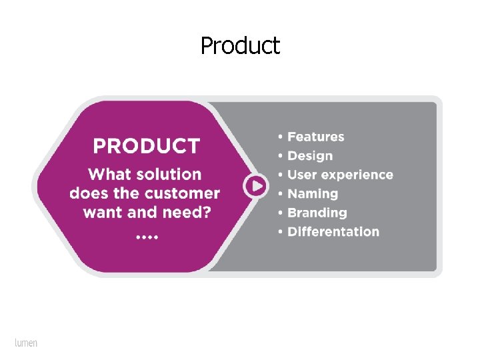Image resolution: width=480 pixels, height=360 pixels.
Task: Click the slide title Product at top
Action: click(x=240, y=46)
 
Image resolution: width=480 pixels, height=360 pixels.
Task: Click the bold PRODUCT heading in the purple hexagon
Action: click(x=146, y=146)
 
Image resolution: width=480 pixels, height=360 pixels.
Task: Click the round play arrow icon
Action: click(x=255, y=185)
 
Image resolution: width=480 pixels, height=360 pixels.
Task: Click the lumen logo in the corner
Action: click(x=26, y=343)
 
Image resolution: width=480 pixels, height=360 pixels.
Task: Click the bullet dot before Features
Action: click(x=281, y=137)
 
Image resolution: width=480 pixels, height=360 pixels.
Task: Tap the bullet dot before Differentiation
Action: click(x=281, y=233)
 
